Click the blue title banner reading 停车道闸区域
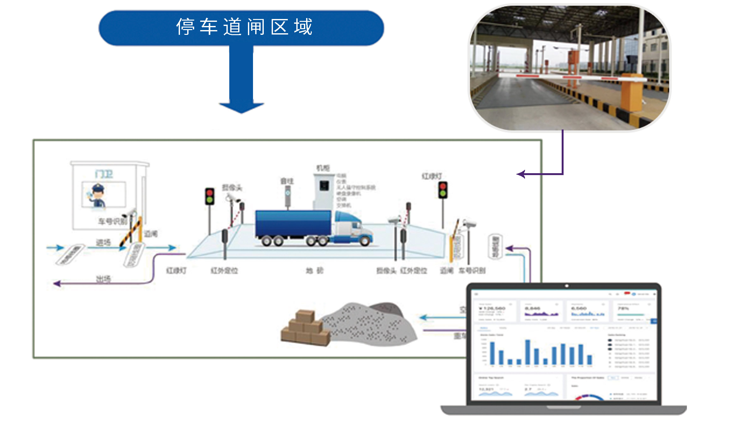241,28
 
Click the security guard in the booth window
98,195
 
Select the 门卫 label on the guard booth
104,174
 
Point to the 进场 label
103,243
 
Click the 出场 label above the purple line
103,279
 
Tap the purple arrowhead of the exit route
57,283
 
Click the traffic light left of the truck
209,196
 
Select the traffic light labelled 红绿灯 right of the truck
443,190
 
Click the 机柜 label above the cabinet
323,168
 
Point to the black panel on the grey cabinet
324,185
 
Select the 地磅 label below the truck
315,271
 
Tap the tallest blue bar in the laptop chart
528,352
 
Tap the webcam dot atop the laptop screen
567,286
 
